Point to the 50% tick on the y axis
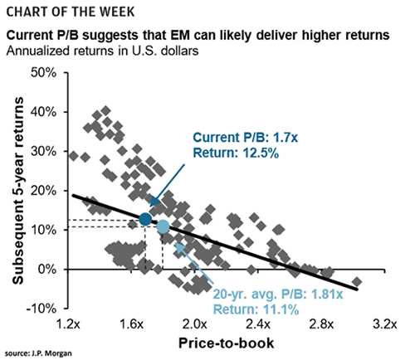pos(41,73)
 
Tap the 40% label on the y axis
pos(41,112)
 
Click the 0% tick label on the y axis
pos(45,270)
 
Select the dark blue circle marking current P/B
pos(146,219)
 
